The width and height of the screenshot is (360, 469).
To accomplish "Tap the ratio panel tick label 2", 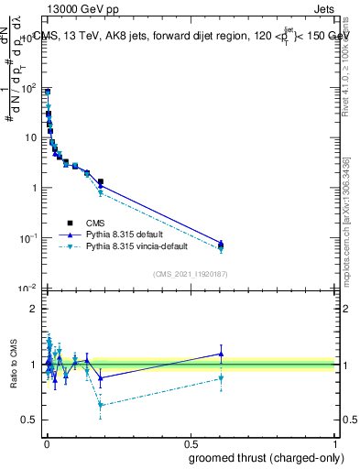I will pos(34,309).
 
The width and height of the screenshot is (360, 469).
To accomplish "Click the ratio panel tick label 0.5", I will pos(30,420).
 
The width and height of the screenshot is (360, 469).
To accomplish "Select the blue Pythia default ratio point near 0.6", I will pos(221,354).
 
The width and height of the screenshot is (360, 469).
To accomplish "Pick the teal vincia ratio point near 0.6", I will pos(221,378).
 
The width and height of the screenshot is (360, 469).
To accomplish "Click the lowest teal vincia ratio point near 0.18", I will pos(100,405).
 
